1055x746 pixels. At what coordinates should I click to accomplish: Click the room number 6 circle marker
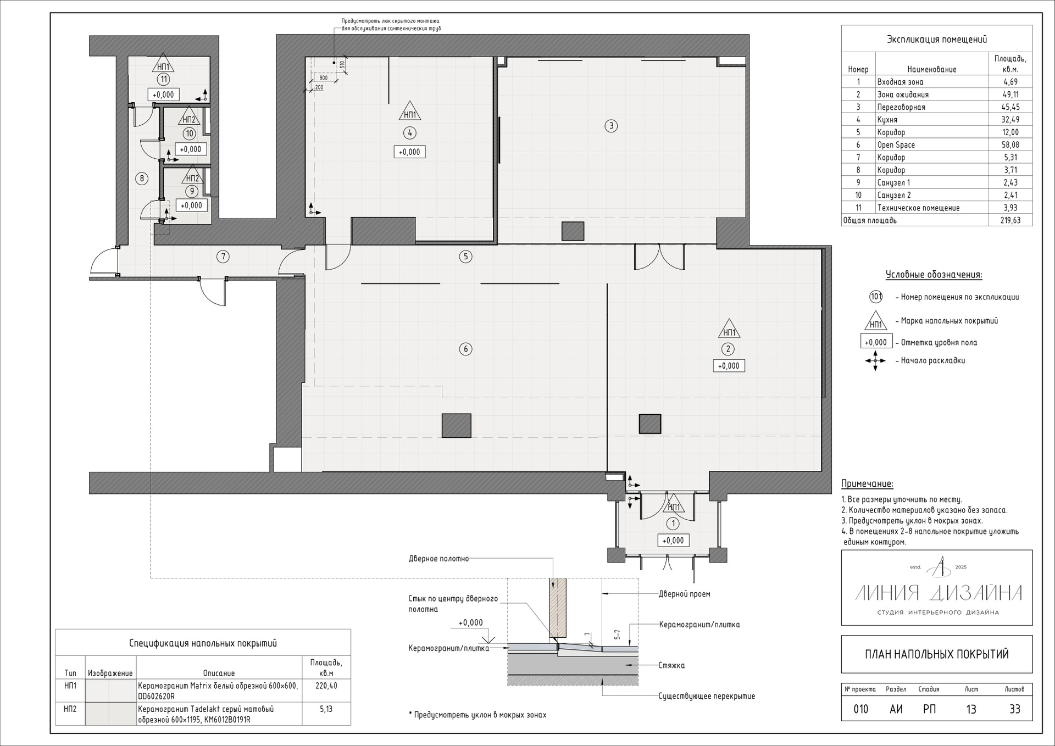click(465, 349)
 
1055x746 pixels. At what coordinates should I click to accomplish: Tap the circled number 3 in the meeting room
click(611, 126)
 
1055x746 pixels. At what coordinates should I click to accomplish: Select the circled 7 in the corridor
click(223, 256)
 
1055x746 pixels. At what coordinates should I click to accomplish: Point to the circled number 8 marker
click(142, 178)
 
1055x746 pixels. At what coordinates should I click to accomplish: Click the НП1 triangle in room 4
click(409, 112)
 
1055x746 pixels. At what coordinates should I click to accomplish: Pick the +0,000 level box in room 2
click(729, 366)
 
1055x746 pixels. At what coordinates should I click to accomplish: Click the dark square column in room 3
click(573, 231)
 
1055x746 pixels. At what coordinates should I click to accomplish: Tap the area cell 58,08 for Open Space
click(1010, 145)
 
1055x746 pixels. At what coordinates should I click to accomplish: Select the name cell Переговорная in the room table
click(901, 107)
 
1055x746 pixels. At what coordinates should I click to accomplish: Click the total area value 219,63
click(1010, 221)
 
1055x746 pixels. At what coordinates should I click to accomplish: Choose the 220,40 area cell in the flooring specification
click(326, 686)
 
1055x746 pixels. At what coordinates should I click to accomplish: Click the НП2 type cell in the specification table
click(70, 709)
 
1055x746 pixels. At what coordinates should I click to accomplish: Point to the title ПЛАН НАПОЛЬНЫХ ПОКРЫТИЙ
click(937, 654)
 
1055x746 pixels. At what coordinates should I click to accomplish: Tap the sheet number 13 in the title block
click(971, 709)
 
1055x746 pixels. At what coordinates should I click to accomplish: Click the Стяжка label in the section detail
click(671, 665)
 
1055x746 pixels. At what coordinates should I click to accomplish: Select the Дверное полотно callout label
click(438, 559)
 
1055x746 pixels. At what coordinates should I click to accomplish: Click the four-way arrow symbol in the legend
click(875, 361)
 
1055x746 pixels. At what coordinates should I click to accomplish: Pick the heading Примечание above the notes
click(867, 484)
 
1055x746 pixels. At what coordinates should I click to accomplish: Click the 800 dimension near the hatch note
click(323, 78)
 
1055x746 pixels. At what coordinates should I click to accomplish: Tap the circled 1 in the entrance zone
click(673, 524)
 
